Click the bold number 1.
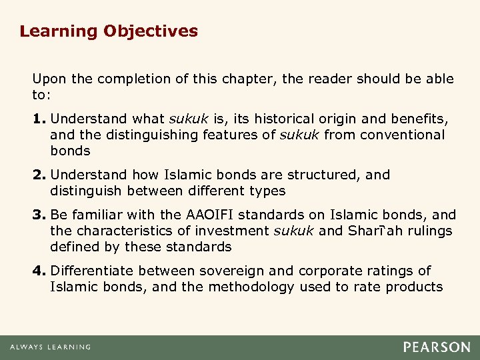(x=39, y=119)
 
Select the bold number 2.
(x=39, y=175)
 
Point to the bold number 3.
(x=39, y=215)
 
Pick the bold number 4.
(x=39, y=271)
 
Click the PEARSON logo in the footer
(x=437, y=347)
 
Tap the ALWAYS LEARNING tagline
(x=50, y=347)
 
